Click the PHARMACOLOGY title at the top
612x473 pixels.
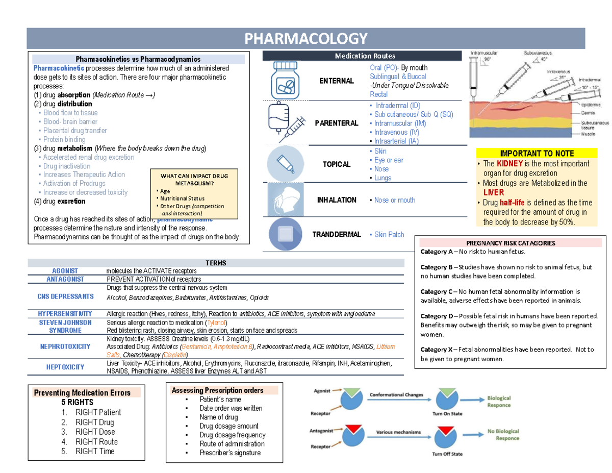coord(306,38)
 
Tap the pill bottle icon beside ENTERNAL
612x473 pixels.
coord(286,81)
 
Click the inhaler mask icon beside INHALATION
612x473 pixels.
coord(286,200)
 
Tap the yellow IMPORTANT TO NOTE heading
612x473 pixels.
coord(537,153)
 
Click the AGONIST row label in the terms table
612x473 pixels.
coord(65,270)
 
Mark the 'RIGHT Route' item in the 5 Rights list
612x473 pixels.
coord(96,441)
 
